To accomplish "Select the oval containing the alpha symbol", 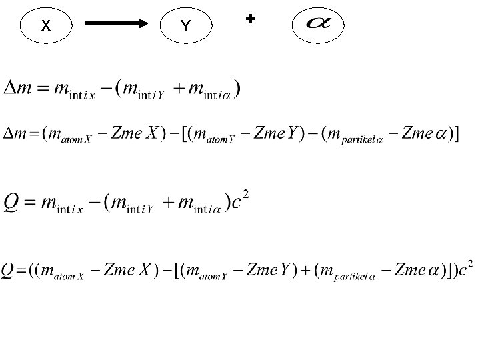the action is click(318, 26).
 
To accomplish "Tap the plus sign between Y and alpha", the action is click(250, 19).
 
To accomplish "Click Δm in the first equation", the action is click(17, 89).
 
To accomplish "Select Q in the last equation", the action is click(10, 271).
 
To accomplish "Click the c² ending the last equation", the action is click(465, 271).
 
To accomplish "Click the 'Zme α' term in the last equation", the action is click(420, 271).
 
